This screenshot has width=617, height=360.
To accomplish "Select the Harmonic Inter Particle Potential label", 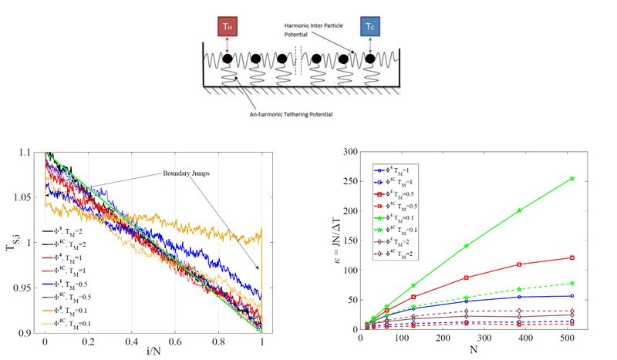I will (x=316, y=29).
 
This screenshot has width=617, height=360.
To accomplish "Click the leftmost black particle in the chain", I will (x=228, y=59).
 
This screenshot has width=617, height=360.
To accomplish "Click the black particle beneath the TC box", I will (x=370, y=59).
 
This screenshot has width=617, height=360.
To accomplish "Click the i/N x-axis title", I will (x=153, y=353).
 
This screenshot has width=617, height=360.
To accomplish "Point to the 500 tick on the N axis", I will (x=571, y=338).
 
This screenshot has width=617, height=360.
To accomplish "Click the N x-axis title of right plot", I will (x=475, y=350).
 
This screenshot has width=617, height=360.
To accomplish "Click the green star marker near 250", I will (x=571, y=179).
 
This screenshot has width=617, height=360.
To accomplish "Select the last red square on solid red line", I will (x=571, y=257).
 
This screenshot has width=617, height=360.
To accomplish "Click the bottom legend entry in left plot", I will (x=66, y=322).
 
